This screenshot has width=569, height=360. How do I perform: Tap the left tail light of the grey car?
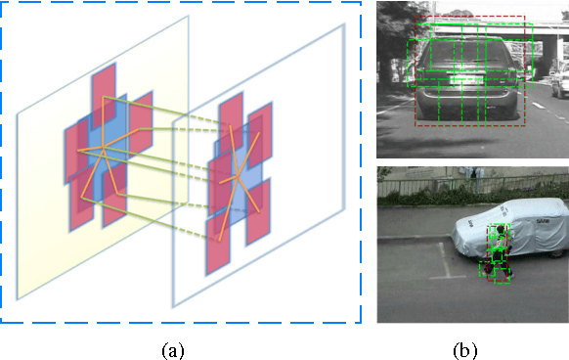click(422, 74)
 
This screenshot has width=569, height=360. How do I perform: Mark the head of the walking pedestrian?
click(500, 231)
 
